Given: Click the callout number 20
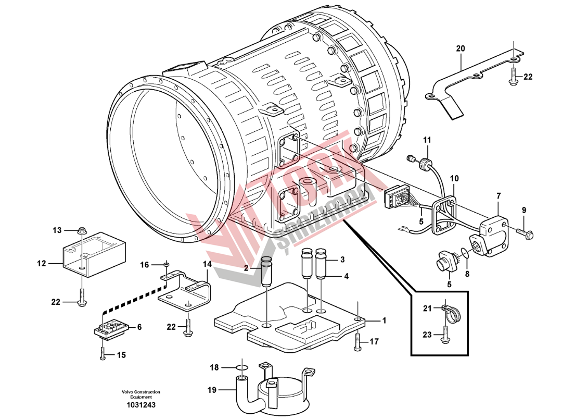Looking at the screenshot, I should (x=460, y=48).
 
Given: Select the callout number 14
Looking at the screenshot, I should (x=207, y=264).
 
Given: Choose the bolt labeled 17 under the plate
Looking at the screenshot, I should (x=357, y=341).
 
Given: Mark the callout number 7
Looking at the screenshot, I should (x=499, y=196).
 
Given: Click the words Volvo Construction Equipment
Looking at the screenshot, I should (x=141, y=395).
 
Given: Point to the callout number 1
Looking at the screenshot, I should (x=385, y=321).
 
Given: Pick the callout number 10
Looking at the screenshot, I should (x=454, y=178).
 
